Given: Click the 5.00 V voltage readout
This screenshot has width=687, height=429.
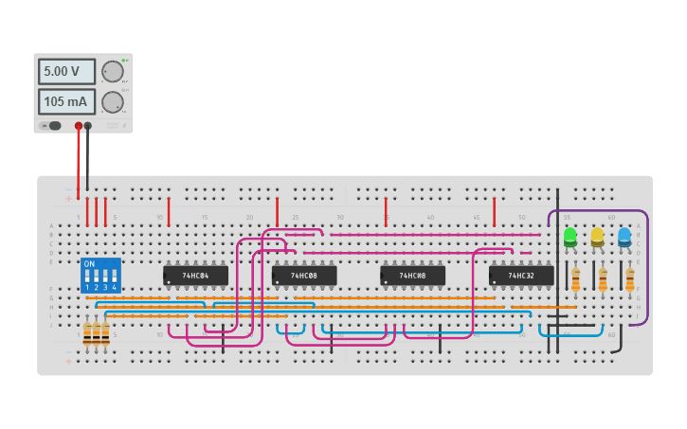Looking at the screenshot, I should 66,72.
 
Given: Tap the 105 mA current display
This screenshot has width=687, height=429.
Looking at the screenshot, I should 66,101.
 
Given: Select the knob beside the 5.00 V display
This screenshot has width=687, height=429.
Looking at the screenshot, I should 113,72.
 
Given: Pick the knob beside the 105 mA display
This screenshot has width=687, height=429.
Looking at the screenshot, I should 113,101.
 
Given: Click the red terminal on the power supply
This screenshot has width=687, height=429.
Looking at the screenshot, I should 79,125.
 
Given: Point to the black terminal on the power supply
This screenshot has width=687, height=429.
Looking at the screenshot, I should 88,125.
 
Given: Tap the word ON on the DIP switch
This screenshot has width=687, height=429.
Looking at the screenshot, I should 89,264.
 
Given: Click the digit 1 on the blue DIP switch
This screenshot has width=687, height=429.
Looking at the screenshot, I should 87,286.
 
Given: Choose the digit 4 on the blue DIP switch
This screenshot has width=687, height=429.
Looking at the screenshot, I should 114,286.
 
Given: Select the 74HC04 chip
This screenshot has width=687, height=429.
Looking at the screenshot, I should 196,276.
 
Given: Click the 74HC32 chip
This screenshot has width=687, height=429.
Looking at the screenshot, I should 521,276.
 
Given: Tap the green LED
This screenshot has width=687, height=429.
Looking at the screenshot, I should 569,236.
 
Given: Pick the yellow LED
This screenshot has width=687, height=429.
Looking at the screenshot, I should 597,236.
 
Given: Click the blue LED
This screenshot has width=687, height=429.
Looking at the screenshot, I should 624,236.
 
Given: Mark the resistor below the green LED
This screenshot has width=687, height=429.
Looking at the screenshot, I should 575,279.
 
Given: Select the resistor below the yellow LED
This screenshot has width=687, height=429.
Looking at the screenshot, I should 603,279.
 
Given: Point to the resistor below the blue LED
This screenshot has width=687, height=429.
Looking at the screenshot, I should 629,279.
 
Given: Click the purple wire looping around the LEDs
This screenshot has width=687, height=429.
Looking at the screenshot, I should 647,275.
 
